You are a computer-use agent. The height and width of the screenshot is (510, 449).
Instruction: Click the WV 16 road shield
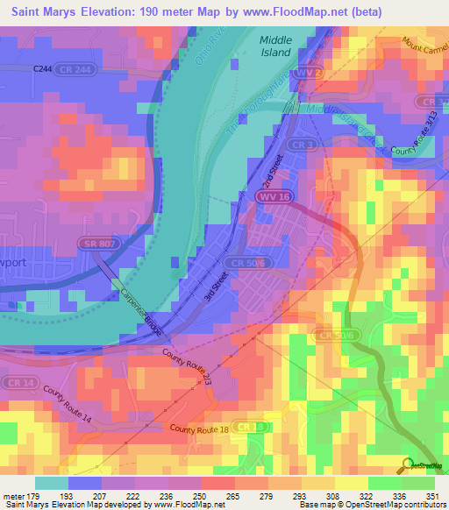coord(274,199)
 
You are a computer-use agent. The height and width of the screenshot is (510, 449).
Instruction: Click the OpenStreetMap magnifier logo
coord(406,466)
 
